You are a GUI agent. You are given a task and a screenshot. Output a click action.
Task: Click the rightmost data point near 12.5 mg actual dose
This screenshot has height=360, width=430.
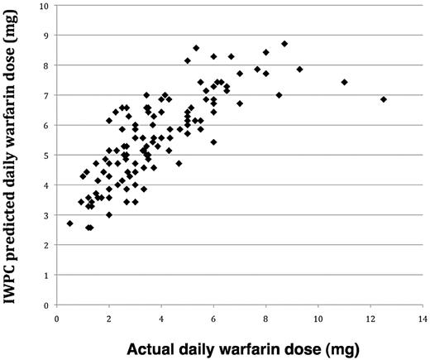point(384,99)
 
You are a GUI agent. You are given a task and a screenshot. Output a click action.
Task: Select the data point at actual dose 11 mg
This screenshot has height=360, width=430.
point(344,82)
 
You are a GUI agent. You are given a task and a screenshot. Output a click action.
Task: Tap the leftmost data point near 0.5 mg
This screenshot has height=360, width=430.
point(70,223)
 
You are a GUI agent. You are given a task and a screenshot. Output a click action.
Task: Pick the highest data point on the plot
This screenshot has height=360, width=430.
point(284,44)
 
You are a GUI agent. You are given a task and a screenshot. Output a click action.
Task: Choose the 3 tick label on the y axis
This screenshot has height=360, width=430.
point(45,215)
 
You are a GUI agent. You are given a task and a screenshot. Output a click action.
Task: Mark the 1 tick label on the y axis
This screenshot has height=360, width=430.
point(45,276)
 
